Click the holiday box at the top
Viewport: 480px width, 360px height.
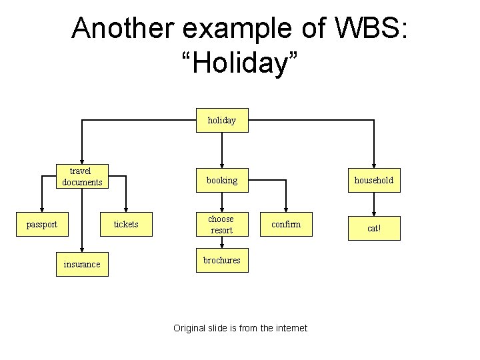[x=222, y=121]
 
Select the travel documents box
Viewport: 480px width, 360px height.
[x=82, y=177]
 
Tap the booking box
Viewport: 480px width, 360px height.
[x=222, y=180]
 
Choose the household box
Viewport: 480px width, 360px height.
[x=374, y=180]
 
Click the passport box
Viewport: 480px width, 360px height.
[x=41, y=225]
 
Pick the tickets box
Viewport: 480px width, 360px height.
[x=126, y=225]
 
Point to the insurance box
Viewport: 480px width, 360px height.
[x=82, y=265]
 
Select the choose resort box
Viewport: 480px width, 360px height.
[x=221, y=225]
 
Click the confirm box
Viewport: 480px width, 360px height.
[x=286, y=225]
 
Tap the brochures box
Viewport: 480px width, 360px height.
[x=222, y=261]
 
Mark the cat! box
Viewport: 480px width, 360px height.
[x=374, y=228]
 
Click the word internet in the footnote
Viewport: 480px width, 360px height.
[x=290, y=328]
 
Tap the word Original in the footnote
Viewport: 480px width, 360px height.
[x=190, y=328]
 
